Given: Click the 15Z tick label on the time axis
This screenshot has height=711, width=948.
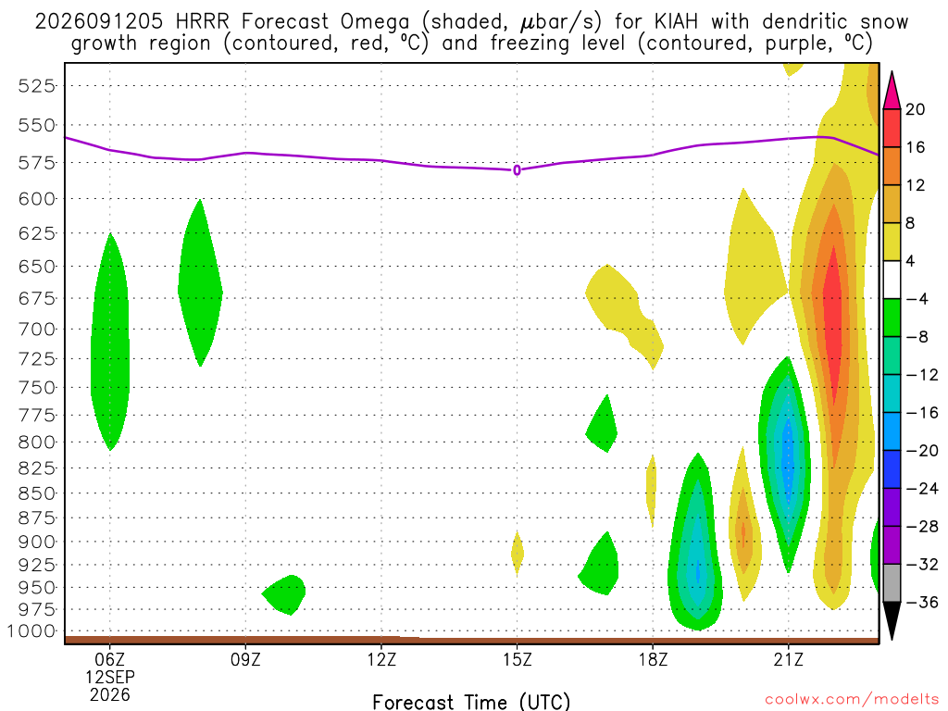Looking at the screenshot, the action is pyautogui.click(x=517, y=659).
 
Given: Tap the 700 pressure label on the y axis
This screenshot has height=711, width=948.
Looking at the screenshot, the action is pyautogui.click(x=37, y=330).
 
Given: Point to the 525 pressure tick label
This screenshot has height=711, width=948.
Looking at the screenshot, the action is pyautogui.click(x=37, y=86).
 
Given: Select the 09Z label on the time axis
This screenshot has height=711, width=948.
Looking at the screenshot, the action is pyautogui.click(x=245, y=659).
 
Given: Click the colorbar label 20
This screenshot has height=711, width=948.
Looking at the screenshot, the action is pyautogui.click(x=916, y=109).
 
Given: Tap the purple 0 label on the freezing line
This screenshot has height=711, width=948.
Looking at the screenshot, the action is pyautogui.click(x=517, y=170).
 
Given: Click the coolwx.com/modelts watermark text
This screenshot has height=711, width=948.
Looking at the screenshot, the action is pyautogui.click(x=852, y=700).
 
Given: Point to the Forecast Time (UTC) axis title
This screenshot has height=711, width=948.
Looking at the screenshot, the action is pyautogui.click(x=471, y=702).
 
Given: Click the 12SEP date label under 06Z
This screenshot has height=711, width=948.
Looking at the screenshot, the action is pyautogui.click(x=110, y=677).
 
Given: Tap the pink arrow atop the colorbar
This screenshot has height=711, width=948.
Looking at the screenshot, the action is pyautogui.click(x=892, y=90).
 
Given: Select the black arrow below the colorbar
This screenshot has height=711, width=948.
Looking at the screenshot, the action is pyautogui.click(x=892, y=621).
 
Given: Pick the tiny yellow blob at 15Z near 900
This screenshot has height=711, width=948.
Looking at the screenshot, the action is pyautogui.click(x=517, y=554).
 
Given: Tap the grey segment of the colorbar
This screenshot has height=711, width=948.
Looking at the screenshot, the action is pyautogui.click(x=892, y=583).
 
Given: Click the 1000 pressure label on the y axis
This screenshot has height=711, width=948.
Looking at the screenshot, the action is pyautogui.click(x=31, y=631).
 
